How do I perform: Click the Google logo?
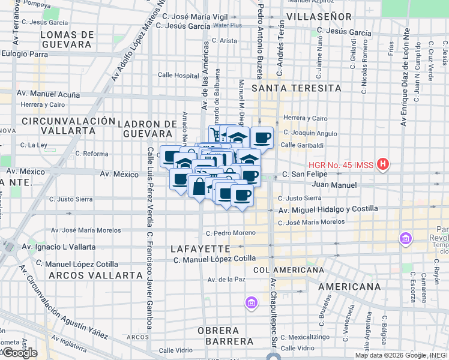pyautogui.click(x=19, y=352)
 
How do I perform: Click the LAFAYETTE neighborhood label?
pyautogui.click(x=200, y=248)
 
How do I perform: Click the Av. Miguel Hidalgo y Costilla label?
pyautogui.click(x=328, y=209)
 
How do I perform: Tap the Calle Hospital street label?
pyautogui.click(x=178, y=76)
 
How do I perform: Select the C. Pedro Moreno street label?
pyautogui.click(x=230, y=233)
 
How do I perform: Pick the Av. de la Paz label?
pyautogui.click(x=227, y=280)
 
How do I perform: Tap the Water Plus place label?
pyautogui.click(x=227, y=25)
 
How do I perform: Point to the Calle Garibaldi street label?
pyautogui.click(x=302, y=145)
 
